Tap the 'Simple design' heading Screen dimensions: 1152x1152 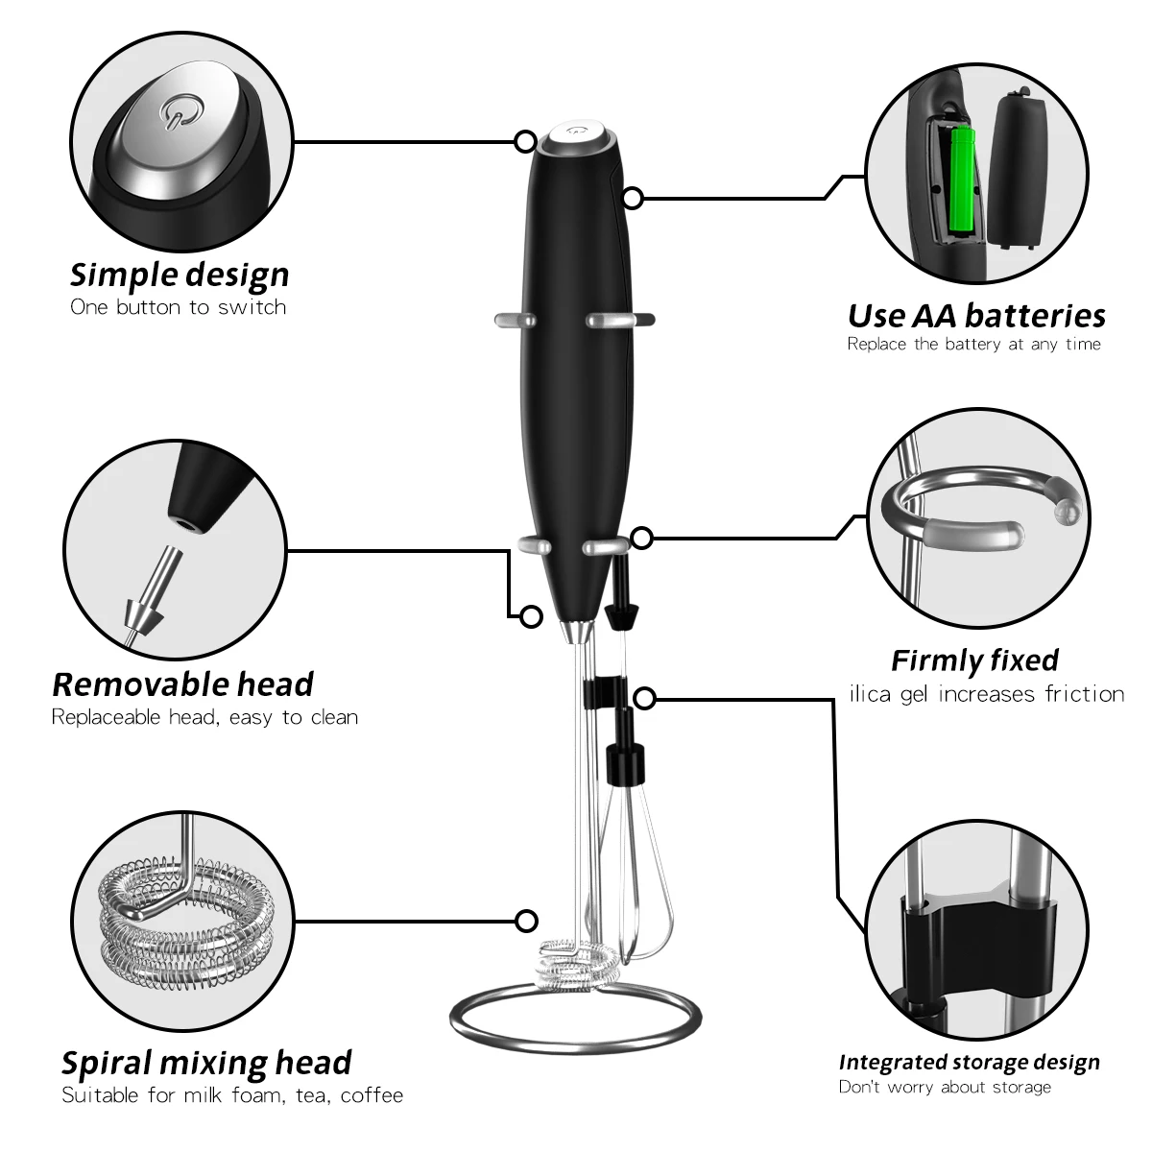tap(180, 275)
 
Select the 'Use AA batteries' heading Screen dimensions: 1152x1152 tap(976, 316)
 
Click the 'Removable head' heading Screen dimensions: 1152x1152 tap(182, 684)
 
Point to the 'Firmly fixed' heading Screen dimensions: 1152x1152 tap(974, 660)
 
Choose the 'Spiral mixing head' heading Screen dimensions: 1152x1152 tap(206, 1063)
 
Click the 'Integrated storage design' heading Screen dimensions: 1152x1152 tap(969, 1062)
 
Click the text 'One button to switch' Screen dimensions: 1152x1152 tap(179, 307)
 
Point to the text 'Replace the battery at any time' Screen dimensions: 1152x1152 tap(973, 345)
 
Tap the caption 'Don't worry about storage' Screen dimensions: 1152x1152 tap(945, 1087)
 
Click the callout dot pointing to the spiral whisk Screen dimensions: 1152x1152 tap(526, 922)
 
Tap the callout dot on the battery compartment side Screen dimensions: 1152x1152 tap(633, 198)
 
